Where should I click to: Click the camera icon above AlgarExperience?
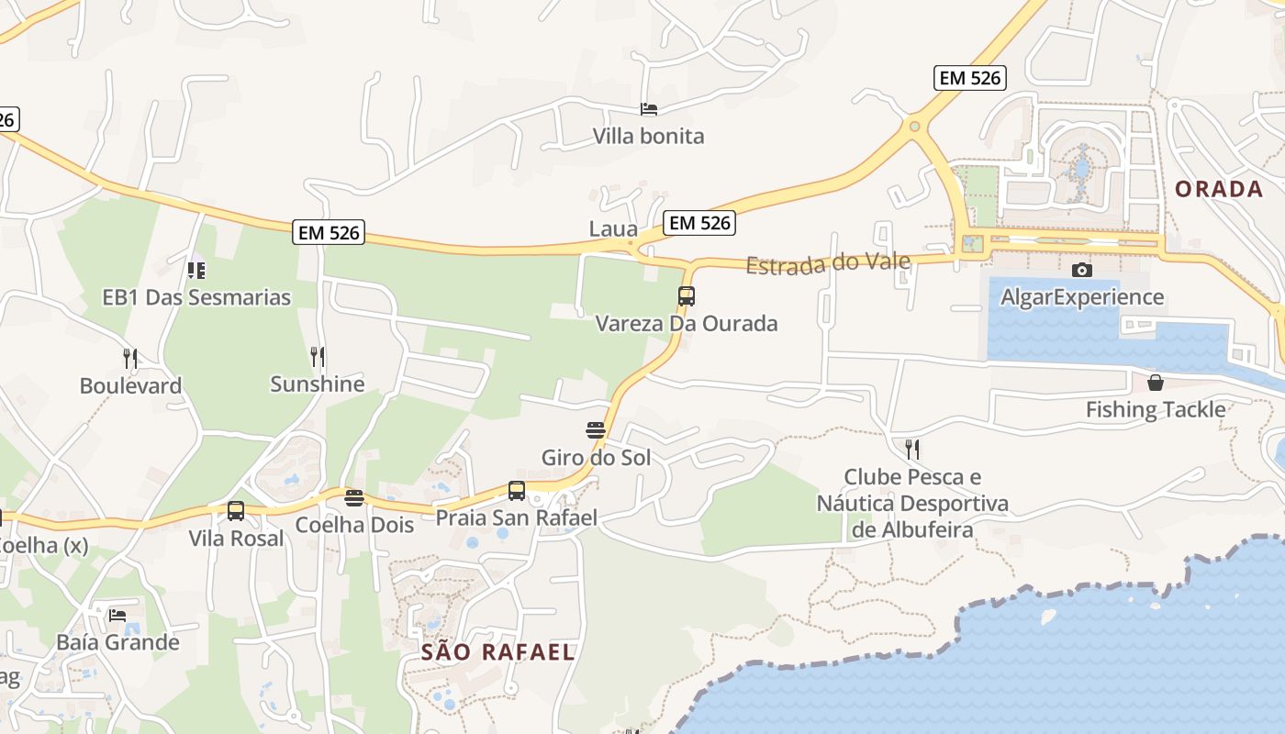click(x=1082, y=270)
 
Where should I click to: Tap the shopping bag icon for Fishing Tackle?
click(x=1156, y=382)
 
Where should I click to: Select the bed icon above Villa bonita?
click(x=649, y=109)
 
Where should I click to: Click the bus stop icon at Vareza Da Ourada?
click(x=687, y=296)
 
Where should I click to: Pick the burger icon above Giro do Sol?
click(x=596, y=429)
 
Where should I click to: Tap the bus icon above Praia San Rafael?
click(x=517, y=491)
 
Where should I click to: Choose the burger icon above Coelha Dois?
click(x=354, y=498)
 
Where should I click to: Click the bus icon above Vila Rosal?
click(x=236, y=511)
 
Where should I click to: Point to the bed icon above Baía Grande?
click(x=117, y=615)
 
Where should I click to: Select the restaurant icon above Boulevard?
click(x=130, y=358)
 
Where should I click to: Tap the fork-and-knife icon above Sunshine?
click(x=318, y=356)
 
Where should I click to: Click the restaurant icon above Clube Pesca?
click(x=912, y=449)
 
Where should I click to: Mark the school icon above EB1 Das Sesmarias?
click(x=196, y=270)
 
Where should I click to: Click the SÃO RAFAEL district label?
click(x=497, y=652)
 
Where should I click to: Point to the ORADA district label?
click(x=1219, y=189)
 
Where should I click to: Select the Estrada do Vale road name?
click(x=828, y=264)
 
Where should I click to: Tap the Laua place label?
click(x=613, y=228)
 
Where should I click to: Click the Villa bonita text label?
click(x=648, y=137)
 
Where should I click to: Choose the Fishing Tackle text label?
click(x=1156, y=409)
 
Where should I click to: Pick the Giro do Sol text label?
click(x=596, y=457)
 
